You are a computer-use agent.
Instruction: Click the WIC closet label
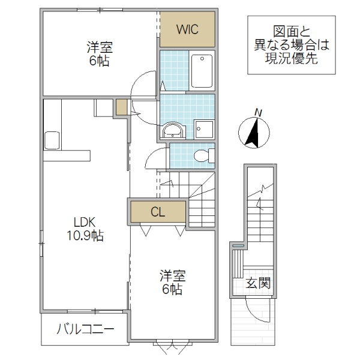(x=187, y=29)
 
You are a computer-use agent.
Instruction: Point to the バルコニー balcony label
(x=85, y=329)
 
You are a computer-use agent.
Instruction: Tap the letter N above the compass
(x=259, y=112)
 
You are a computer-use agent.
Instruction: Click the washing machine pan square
(x=202, y=128)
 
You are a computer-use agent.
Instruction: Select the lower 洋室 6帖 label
(x=172, y=283)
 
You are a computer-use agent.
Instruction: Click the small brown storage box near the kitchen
(x=122, y=108)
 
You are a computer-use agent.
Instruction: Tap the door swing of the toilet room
(x=155, y=160)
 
